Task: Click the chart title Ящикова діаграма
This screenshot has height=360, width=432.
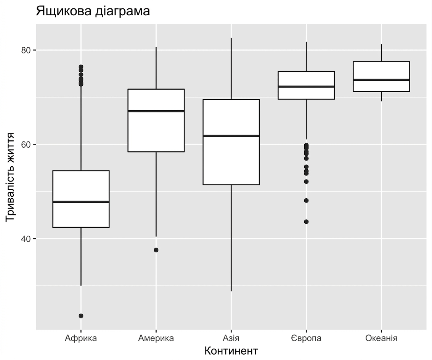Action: click(x=93, y=11)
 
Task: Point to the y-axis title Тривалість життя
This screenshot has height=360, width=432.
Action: click(x=10, y=177)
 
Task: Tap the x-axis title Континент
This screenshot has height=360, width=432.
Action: click(x=231, y=351)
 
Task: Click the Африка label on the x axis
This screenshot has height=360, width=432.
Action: click(x=81, y=338)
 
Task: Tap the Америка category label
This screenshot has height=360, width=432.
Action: click(x=156, y=338)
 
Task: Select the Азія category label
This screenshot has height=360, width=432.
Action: click(x=231, y=338)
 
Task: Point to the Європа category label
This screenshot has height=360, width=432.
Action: click(x=307, y=338)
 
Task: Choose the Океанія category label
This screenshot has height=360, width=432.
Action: click(x=381, y=338)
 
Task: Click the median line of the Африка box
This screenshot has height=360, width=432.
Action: click(x=81, y=202)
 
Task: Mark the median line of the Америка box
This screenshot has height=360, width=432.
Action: click(x=156, y=111)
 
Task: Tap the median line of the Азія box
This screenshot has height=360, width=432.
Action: click(x=231, y=136)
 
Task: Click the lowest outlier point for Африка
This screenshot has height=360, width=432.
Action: click(x=81, y=316)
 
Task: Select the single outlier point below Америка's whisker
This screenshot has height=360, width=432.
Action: click(x=156, y=250)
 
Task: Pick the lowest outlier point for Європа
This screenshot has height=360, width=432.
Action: click(x=307, y=222)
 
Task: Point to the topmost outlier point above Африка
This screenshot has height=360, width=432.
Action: click(x=81, y=67)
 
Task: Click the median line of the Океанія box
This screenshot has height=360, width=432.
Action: click(x=381, y=80)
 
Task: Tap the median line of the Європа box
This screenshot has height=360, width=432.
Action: click(x=307, y=87)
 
